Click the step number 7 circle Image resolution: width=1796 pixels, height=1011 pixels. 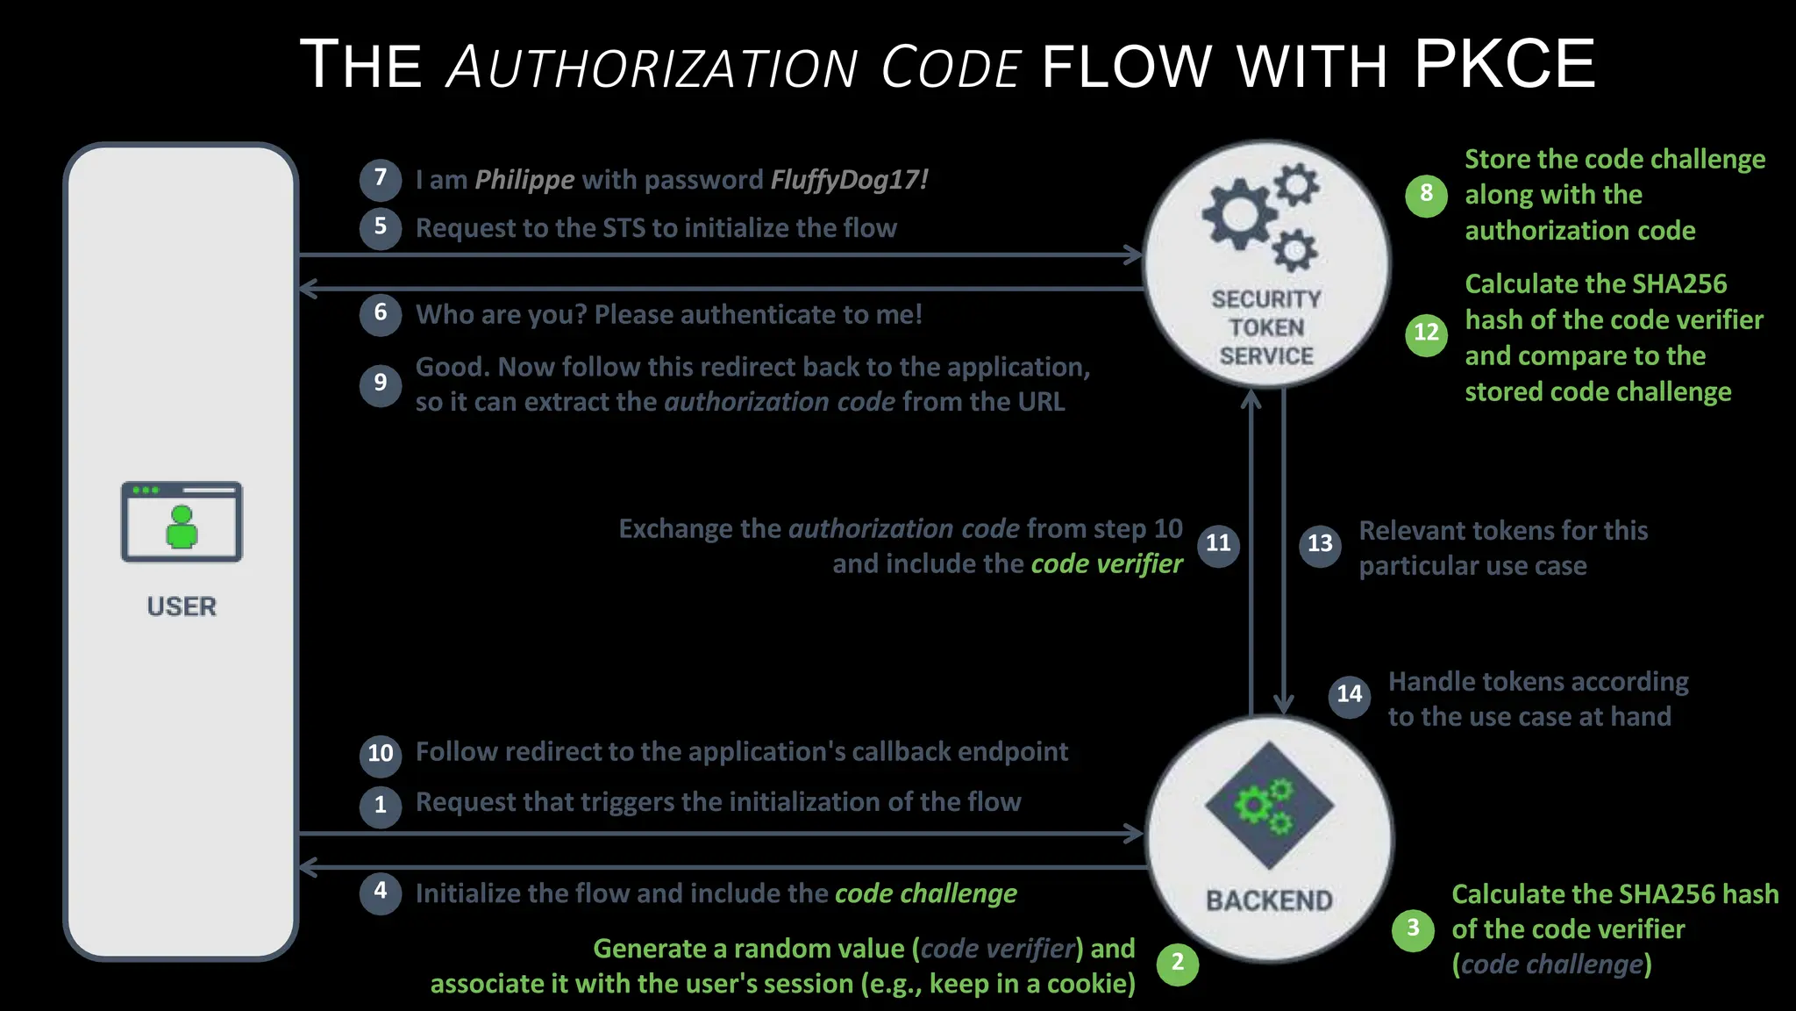pyautogui.click(x=381, y=179)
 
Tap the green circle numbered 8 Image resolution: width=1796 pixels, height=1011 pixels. pyautogui.click(x=1426, y=194)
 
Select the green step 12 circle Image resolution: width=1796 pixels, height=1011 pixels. pyautogui.click(x=1426, y=333)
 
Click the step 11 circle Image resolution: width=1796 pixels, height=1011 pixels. pyautogui.click(x=1218, y=544)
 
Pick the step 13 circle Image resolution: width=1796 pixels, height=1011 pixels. pyautogui.click(x=1320, y=545)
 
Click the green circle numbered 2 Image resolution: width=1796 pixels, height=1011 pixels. pyautogui.click(x=1178, y=964)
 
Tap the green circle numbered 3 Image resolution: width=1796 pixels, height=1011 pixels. pyautogui.click(x=1413, y=929)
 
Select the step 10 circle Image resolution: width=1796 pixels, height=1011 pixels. pyautogui.click(x=381, y=754)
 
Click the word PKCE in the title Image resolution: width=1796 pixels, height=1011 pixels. pyautogui.click(x=1504, y=64)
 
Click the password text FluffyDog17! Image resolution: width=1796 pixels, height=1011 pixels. pyautogui.click(x=849, y=180)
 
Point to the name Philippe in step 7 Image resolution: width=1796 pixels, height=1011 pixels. pyautogui.click(x=524, y=180)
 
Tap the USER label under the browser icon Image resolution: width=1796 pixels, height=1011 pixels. pyautogui.click(x=182, y=606)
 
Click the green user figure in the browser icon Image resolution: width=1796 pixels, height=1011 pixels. pyautogui.click(x=182, y=527)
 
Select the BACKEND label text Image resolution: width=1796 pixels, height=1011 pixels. pyautogui.click(x=1269, y=901)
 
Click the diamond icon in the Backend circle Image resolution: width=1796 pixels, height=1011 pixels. pyautogui.click(x=1269, y=806)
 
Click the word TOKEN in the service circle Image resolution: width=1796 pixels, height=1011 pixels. pyautogui.click(x=1266, y=328)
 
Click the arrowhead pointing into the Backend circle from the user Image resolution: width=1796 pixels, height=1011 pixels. pyautogui.click(x=1135, y=834)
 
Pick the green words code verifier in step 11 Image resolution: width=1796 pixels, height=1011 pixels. pyautogui.click(x=1107, y=564)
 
